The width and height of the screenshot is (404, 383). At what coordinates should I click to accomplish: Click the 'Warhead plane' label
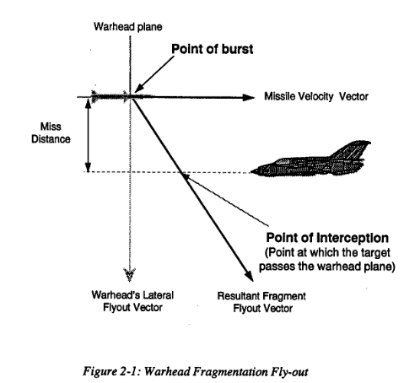pyautogui.click(x=128, y=27)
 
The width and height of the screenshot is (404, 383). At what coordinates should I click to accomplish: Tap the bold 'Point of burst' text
pyautogui.click(x=213, y=49)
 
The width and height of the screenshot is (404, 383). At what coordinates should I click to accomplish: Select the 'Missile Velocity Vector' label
pyautogui.click(x=316, y=96)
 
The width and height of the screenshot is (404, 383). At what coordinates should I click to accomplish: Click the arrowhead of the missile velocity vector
pyautogui.click(x=249, y=98)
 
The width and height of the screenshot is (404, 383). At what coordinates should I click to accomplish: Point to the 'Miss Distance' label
pyautogui.click(x=51, y=132)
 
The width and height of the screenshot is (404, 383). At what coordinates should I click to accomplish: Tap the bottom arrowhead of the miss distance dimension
pyautogui.click(x=89, y=167)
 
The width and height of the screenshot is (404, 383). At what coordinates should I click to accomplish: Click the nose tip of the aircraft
pyautogui.click(x=251, y=171)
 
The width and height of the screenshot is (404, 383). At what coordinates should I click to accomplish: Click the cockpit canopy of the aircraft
pyautogui.click(x=283, y=161)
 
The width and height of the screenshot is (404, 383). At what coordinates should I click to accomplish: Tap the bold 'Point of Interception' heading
pyautogui.click(x=327, y=238)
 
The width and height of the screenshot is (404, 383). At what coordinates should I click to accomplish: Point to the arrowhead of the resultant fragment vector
pyautogui.click(x=249, y=275)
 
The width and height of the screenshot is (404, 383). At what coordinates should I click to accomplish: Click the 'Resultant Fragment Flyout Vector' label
pyautogui.click(x=261, y=302)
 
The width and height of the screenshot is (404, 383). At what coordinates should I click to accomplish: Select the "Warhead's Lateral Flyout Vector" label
pyautogui.click(x=132, y=301)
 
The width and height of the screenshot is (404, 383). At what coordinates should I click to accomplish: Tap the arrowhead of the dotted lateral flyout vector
pyautogui.click(x=130, y=275)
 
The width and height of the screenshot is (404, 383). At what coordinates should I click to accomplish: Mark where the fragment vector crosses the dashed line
pyautogui.click(x=183, y=172)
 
